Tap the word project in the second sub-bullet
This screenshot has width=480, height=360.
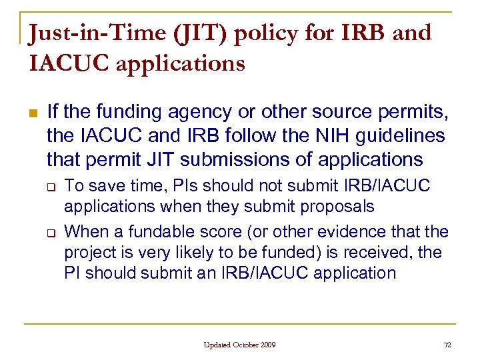click(x=88, y=253)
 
